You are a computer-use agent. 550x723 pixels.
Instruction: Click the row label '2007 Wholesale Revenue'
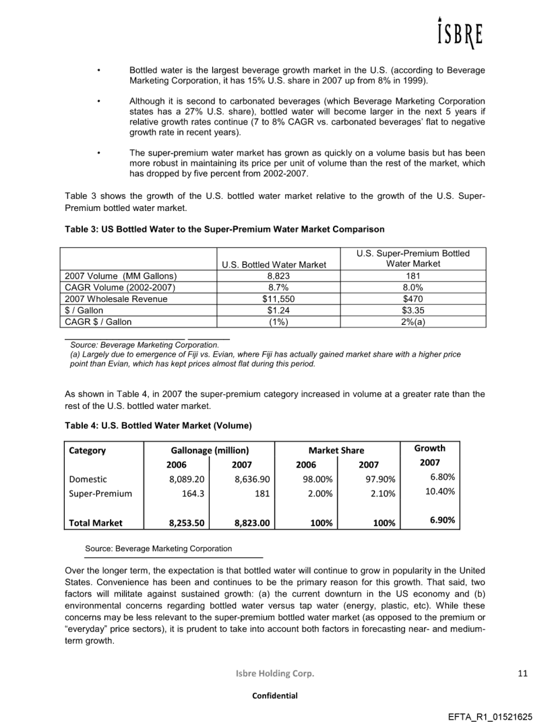[x=107, y=298]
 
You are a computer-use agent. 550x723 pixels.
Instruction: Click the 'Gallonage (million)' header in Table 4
[x=209, y=449]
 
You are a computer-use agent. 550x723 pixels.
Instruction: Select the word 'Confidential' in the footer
[x=275, y=695]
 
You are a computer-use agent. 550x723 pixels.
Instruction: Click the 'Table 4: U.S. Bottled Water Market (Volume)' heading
[x=158, y=425]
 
